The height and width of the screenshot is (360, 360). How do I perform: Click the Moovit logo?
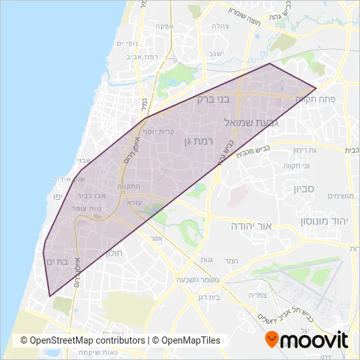(306, 340)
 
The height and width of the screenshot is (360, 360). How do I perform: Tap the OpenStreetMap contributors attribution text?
(82, 340)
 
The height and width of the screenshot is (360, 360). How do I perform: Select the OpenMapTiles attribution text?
(187, 340)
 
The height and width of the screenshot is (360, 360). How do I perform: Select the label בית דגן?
(213, 297)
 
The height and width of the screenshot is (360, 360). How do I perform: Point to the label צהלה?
(219, 26)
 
